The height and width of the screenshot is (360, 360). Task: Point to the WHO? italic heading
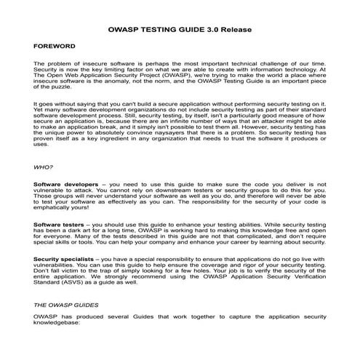click(44, 167)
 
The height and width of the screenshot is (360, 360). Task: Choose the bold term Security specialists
click(63, 259)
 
